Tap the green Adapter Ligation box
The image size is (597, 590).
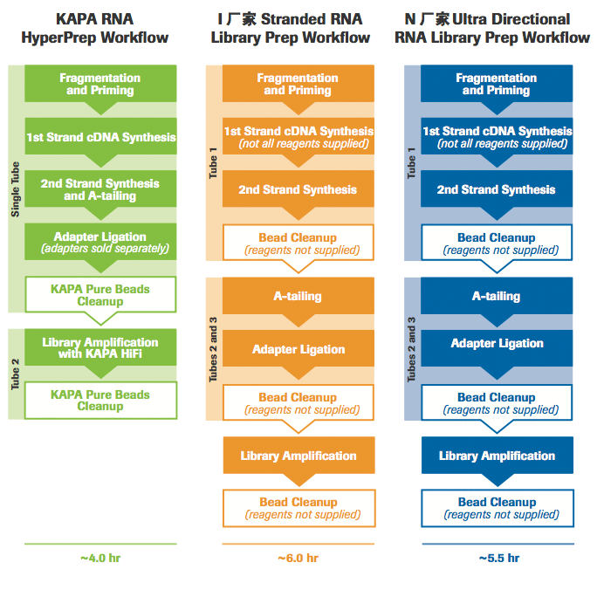click(x=100, y=242)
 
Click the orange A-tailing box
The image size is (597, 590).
click(x=298, y=297)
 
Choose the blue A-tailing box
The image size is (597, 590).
click(x=497, y=297)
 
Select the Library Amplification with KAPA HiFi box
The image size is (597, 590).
click(x=100, y=348)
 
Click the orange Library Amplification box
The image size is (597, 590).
click(x=298, y=456)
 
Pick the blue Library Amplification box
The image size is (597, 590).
click(x=497, y=456)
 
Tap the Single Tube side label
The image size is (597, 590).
click(x=15, y=189)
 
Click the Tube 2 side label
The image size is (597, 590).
click(x=15, y=374)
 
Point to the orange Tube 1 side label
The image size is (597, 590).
click(x=213, y=163)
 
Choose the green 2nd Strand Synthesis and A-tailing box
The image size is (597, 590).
click(x=100, y=189)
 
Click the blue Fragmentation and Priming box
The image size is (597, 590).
click(x=497, y=85)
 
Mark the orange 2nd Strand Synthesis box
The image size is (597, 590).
click(x=298, y=189)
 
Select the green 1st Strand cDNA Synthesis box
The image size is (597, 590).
click(x=100, y=137)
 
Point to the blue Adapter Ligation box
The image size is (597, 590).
click(x=497, y=344)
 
